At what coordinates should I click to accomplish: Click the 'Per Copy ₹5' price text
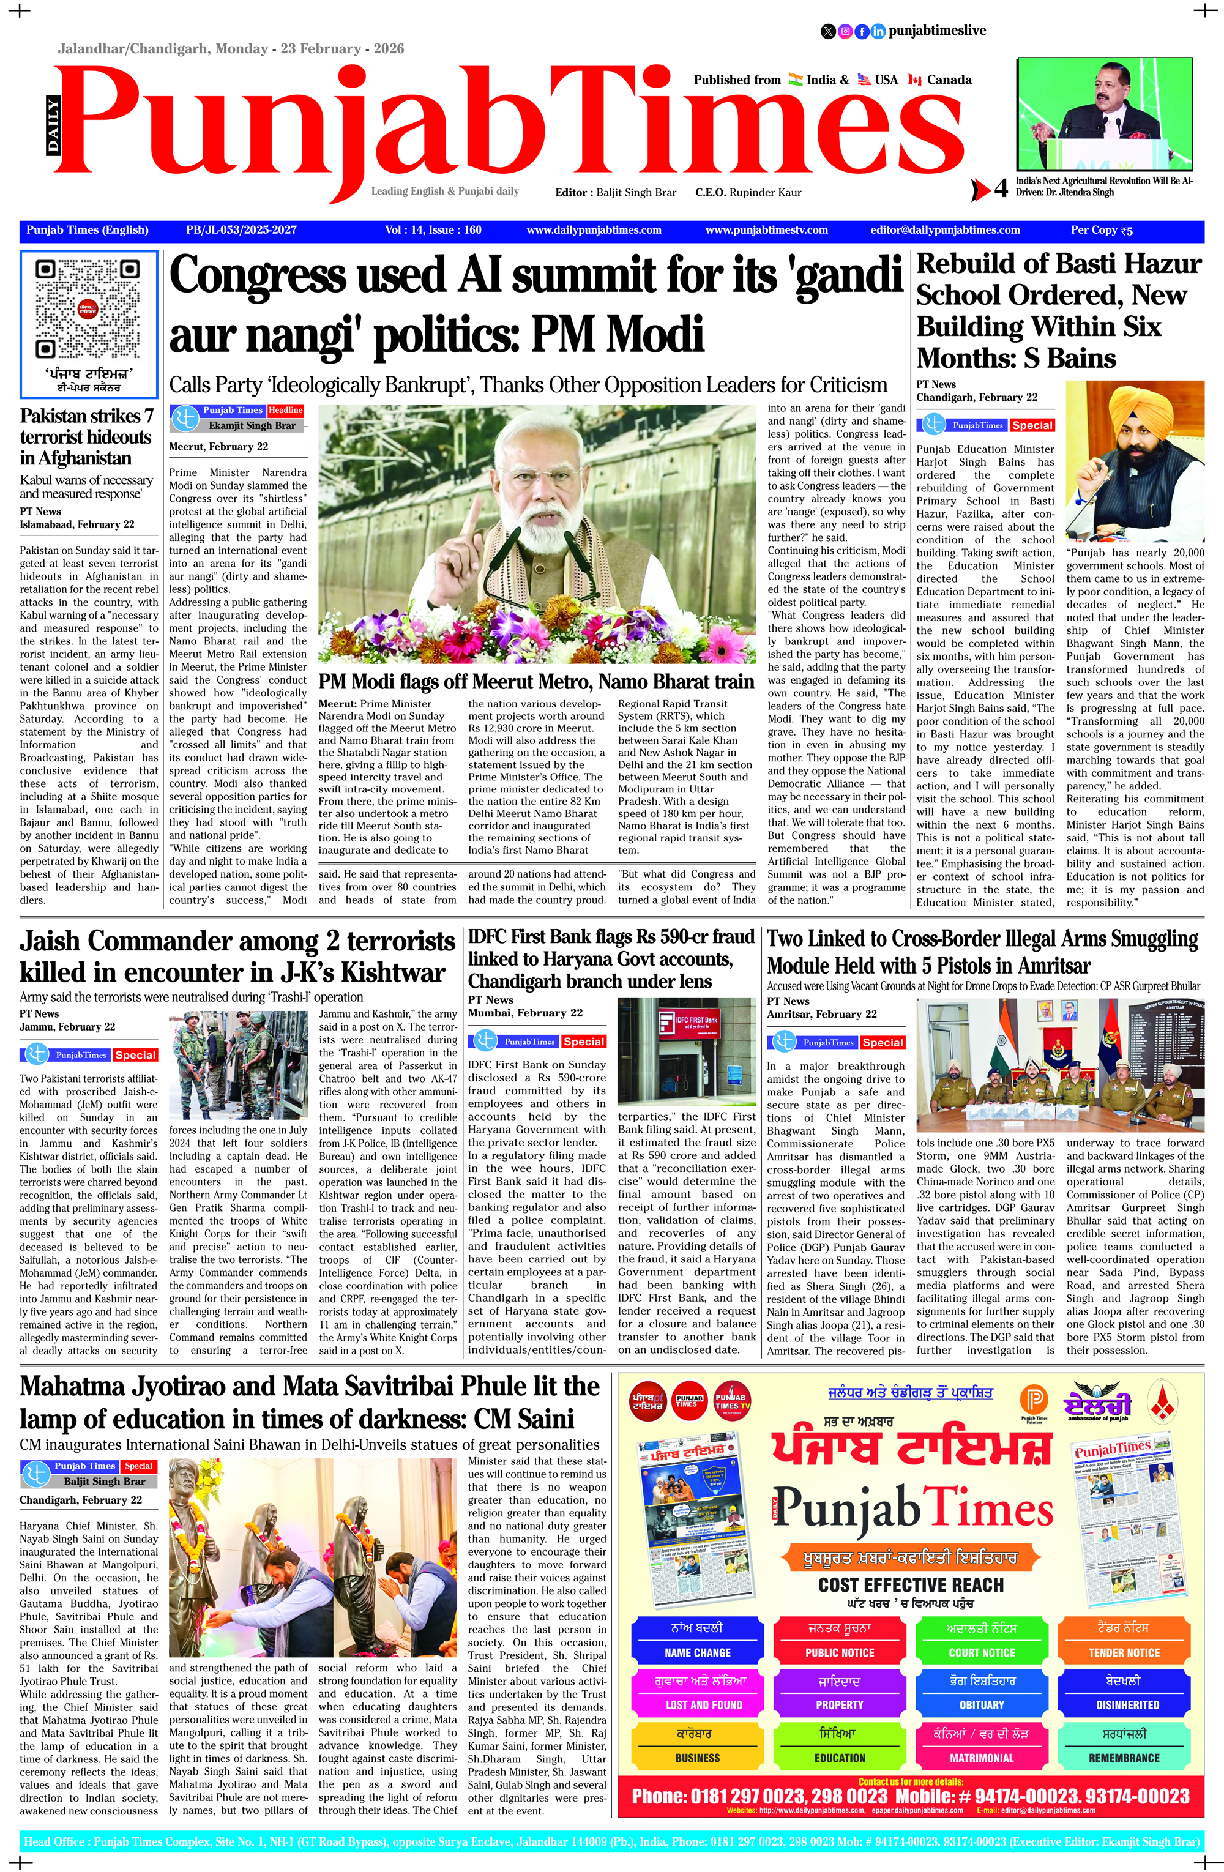click(x=1101, y=231)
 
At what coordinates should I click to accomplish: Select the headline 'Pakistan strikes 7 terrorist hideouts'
click(x=86, y=436)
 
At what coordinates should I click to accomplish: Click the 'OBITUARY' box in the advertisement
click(x=981, y=1704)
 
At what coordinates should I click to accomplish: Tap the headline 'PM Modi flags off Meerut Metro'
click(x=535, y=681)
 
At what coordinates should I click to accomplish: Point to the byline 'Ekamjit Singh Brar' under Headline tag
click(x=252, y=425)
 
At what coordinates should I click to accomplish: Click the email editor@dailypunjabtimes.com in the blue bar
click(x=945, y=231)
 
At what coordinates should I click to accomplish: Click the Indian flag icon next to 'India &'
click(x=794, y=80)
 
